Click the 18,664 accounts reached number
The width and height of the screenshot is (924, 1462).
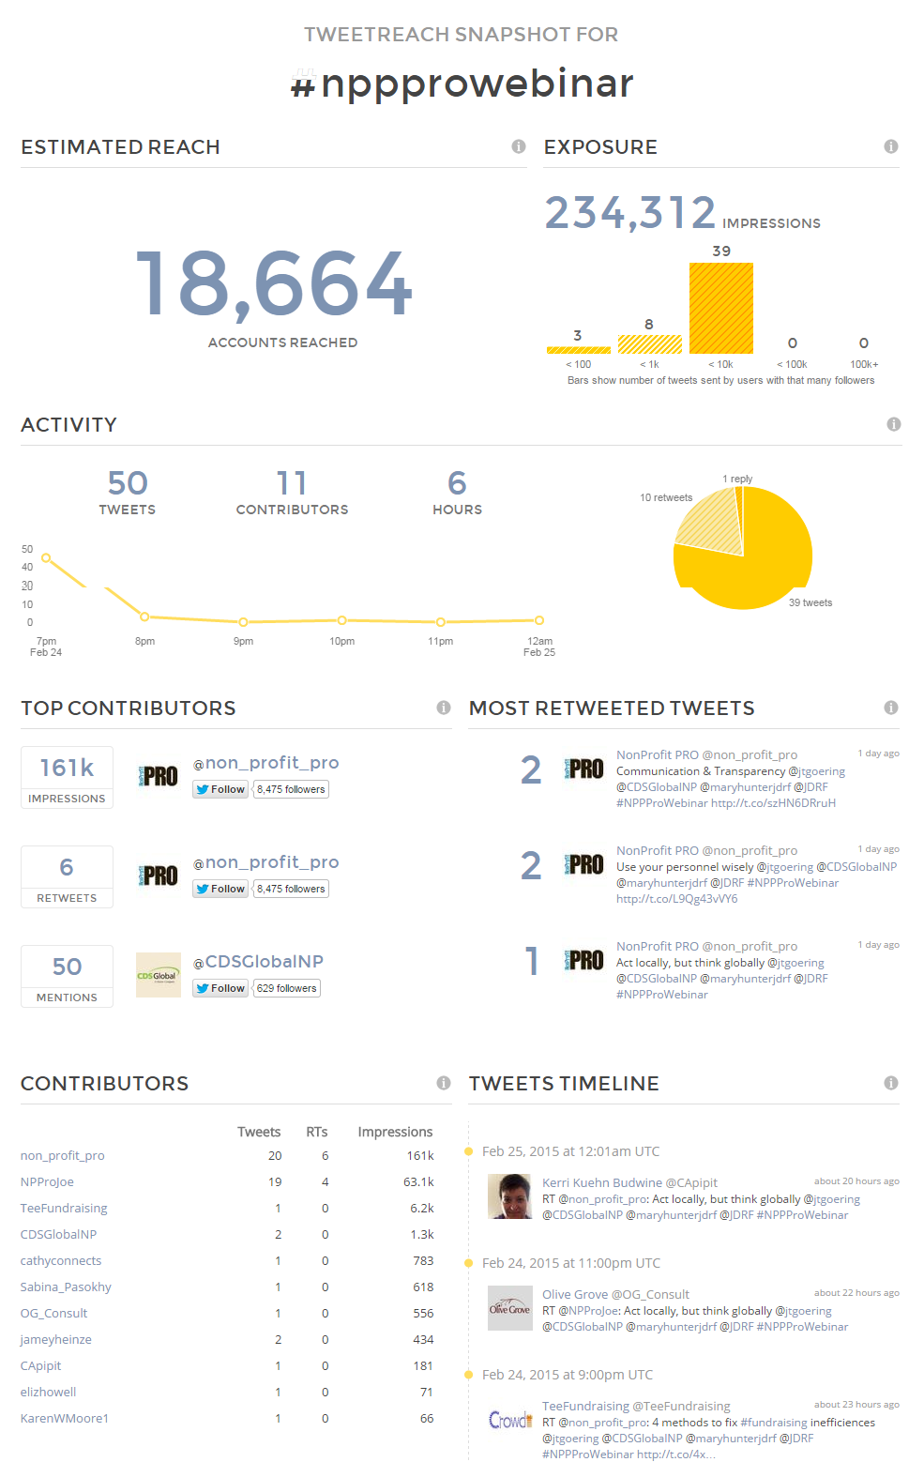pyautogui.click(x=274, y=284)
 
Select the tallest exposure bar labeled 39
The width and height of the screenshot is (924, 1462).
pyautogui.click(x=721, y=308)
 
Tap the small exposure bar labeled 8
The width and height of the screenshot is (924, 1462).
pyautogui.click(x=649, y=344)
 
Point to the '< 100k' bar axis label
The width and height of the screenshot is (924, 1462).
pyautogui.click(x=792, y=364)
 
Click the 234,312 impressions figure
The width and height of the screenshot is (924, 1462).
pyautogui.click(x=630, y=213)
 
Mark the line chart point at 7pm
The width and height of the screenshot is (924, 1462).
pyautogui.click(x=46, y=558)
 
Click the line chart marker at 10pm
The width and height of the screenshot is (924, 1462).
pyautogui.click(x=342, y=620)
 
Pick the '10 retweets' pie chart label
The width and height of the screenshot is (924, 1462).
pyautogui.click(x=666, y=497)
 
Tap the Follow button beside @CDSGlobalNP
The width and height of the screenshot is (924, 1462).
pyautogui.click(x=220, y=988)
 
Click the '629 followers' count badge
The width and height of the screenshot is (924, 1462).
pyautogui.click(x=286, y=988)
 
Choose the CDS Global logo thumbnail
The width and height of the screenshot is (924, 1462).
pyautogui.click(x=159, y=975)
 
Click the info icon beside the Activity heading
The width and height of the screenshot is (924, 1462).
pyautogui.click(x=893, y=424)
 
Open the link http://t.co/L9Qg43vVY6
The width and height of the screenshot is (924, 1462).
pyautogui.click(x=676, y=899)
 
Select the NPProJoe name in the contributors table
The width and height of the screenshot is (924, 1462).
pyautogui.click(x=47, y=1182)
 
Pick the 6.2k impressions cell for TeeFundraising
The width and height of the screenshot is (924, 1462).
pyautogui.click(x=421, y=1208)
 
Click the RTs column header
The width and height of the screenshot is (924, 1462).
pyautogui.click(x=317, y=1132)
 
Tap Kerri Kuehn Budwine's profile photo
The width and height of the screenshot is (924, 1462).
pyautogui.click(x=509, y=1196)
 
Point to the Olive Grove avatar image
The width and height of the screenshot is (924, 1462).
pyautogui.click(x=509, y=1308)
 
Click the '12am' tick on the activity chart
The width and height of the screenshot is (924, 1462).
pyautogui.click(x=539, y=641)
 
